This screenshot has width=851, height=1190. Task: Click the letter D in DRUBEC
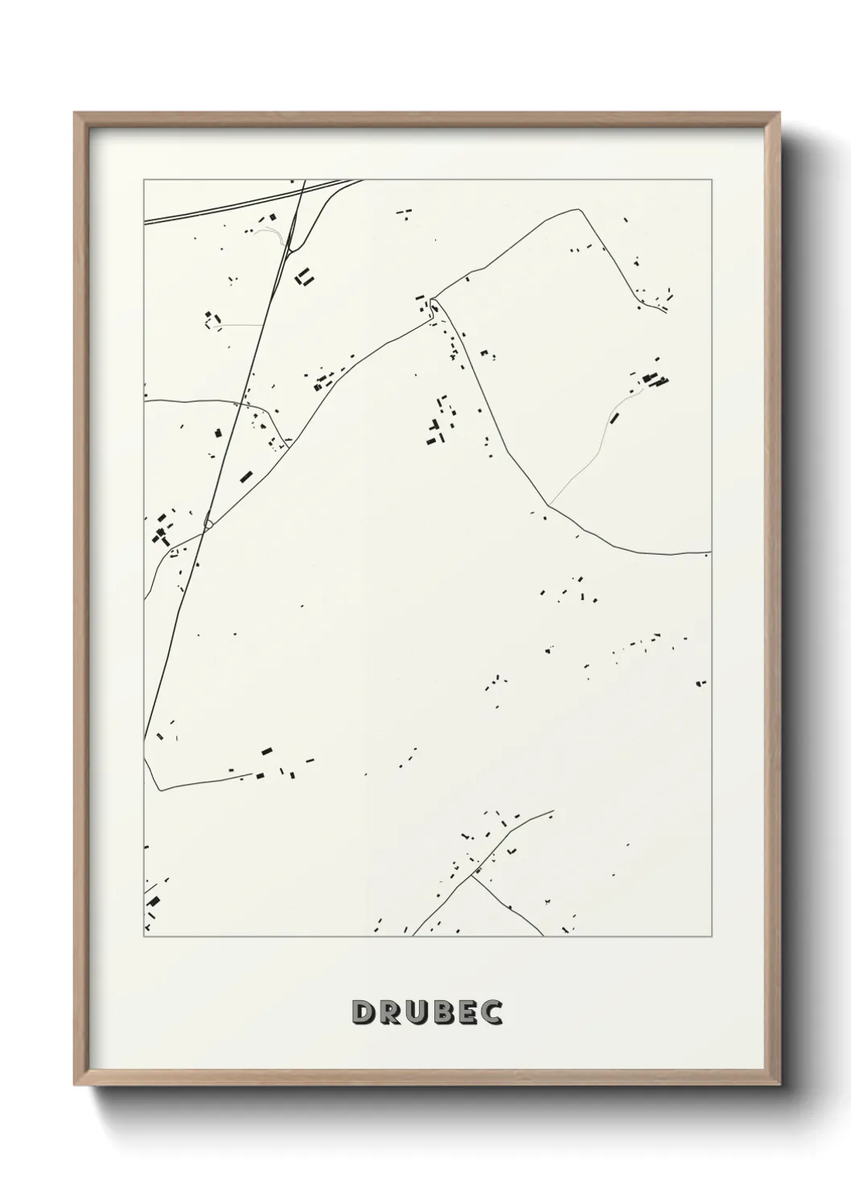363,1012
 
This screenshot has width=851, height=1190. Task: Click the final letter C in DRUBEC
492,1012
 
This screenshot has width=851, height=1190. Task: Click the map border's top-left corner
144,179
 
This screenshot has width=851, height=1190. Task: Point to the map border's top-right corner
712,179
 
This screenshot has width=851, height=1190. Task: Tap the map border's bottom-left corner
144,937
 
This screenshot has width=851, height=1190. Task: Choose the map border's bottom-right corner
712,937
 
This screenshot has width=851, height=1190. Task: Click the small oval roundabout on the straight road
208,524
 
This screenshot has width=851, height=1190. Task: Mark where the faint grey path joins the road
549,504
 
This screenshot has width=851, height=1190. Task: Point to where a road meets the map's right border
711,552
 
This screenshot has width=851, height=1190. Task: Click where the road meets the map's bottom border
413,936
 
